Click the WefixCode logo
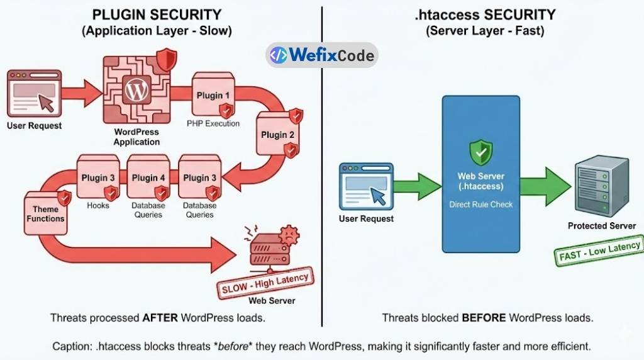[321, 55]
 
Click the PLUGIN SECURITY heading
[157, 14]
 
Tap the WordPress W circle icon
[136, 90]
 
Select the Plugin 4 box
[149, 178]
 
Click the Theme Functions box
[45, 214]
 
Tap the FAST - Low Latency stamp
[600, 251]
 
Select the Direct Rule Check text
[481, 205]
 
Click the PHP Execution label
[213, 124]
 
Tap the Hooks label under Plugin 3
[98, 205]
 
